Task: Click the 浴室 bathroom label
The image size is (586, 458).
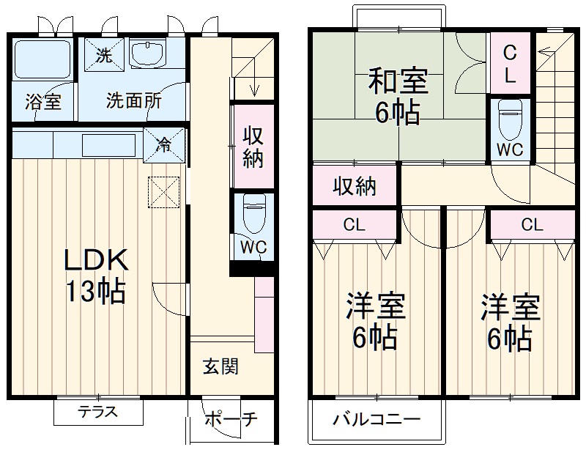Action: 43,102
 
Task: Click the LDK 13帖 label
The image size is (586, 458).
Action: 97,275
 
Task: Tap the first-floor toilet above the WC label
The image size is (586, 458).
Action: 253,213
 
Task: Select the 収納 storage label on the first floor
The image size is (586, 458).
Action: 253,147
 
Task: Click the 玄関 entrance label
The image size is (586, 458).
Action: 220,366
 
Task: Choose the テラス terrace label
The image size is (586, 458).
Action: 97,411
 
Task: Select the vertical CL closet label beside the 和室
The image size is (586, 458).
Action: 510,63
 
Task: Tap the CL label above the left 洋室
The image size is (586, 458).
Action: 355,224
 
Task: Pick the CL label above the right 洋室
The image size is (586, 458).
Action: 532,224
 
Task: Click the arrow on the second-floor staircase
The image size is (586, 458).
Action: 546,51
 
